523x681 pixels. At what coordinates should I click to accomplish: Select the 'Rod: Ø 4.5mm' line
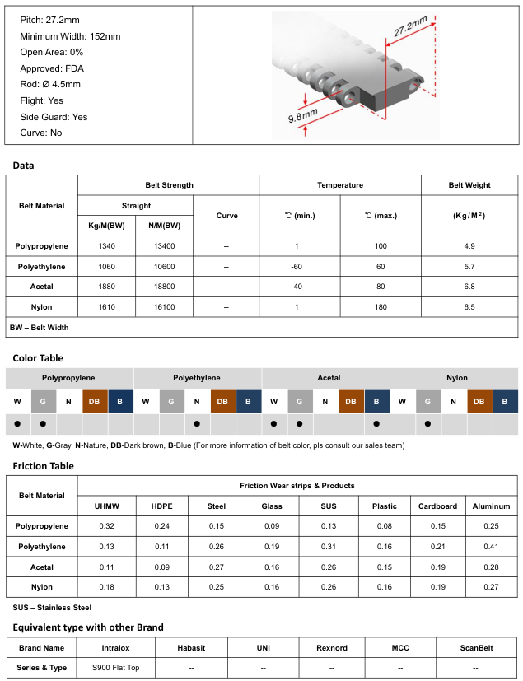[50, 84]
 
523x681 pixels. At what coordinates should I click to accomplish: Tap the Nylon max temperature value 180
[381, 306]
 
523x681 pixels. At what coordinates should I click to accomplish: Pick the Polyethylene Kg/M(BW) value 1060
[105, 267]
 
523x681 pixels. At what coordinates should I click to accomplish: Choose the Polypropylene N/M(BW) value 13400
[165, 246]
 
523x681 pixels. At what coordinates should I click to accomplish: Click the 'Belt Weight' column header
[469, 185]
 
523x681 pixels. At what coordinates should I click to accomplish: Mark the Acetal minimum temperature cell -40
[295, 287]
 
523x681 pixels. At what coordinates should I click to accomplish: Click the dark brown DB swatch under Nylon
[479, 401]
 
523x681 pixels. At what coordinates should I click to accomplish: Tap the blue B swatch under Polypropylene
[120, 401]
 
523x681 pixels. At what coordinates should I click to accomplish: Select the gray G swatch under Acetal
[300, 401]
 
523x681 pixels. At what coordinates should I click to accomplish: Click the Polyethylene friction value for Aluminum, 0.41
[492, 547]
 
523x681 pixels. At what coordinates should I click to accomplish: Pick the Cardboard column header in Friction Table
[437, 506]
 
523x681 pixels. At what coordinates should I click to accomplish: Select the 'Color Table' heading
[38, 358]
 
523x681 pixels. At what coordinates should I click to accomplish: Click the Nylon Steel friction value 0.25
[217, 587]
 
